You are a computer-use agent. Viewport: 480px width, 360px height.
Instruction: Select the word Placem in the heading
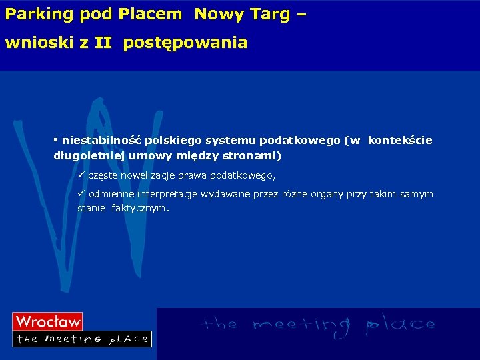point(154,14)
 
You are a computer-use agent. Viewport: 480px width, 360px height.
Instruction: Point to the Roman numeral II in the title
point(103,43)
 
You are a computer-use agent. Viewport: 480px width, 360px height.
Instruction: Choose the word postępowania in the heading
point(185,43)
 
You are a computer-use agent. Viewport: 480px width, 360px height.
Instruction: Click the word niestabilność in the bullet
point(101,141)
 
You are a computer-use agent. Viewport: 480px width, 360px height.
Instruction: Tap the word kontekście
point(400,141)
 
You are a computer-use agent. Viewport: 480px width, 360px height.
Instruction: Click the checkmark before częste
point(81,175)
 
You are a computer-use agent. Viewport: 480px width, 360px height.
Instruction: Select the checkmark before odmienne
point(81,193)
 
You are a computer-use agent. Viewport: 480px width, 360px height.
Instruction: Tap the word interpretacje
point(167,194)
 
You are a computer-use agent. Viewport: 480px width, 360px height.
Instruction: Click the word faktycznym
point(141,208)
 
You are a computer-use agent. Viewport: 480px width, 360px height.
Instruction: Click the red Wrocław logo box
point(48,321)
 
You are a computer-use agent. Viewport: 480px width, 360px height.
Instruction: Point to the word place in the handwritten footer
point(400,325)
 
